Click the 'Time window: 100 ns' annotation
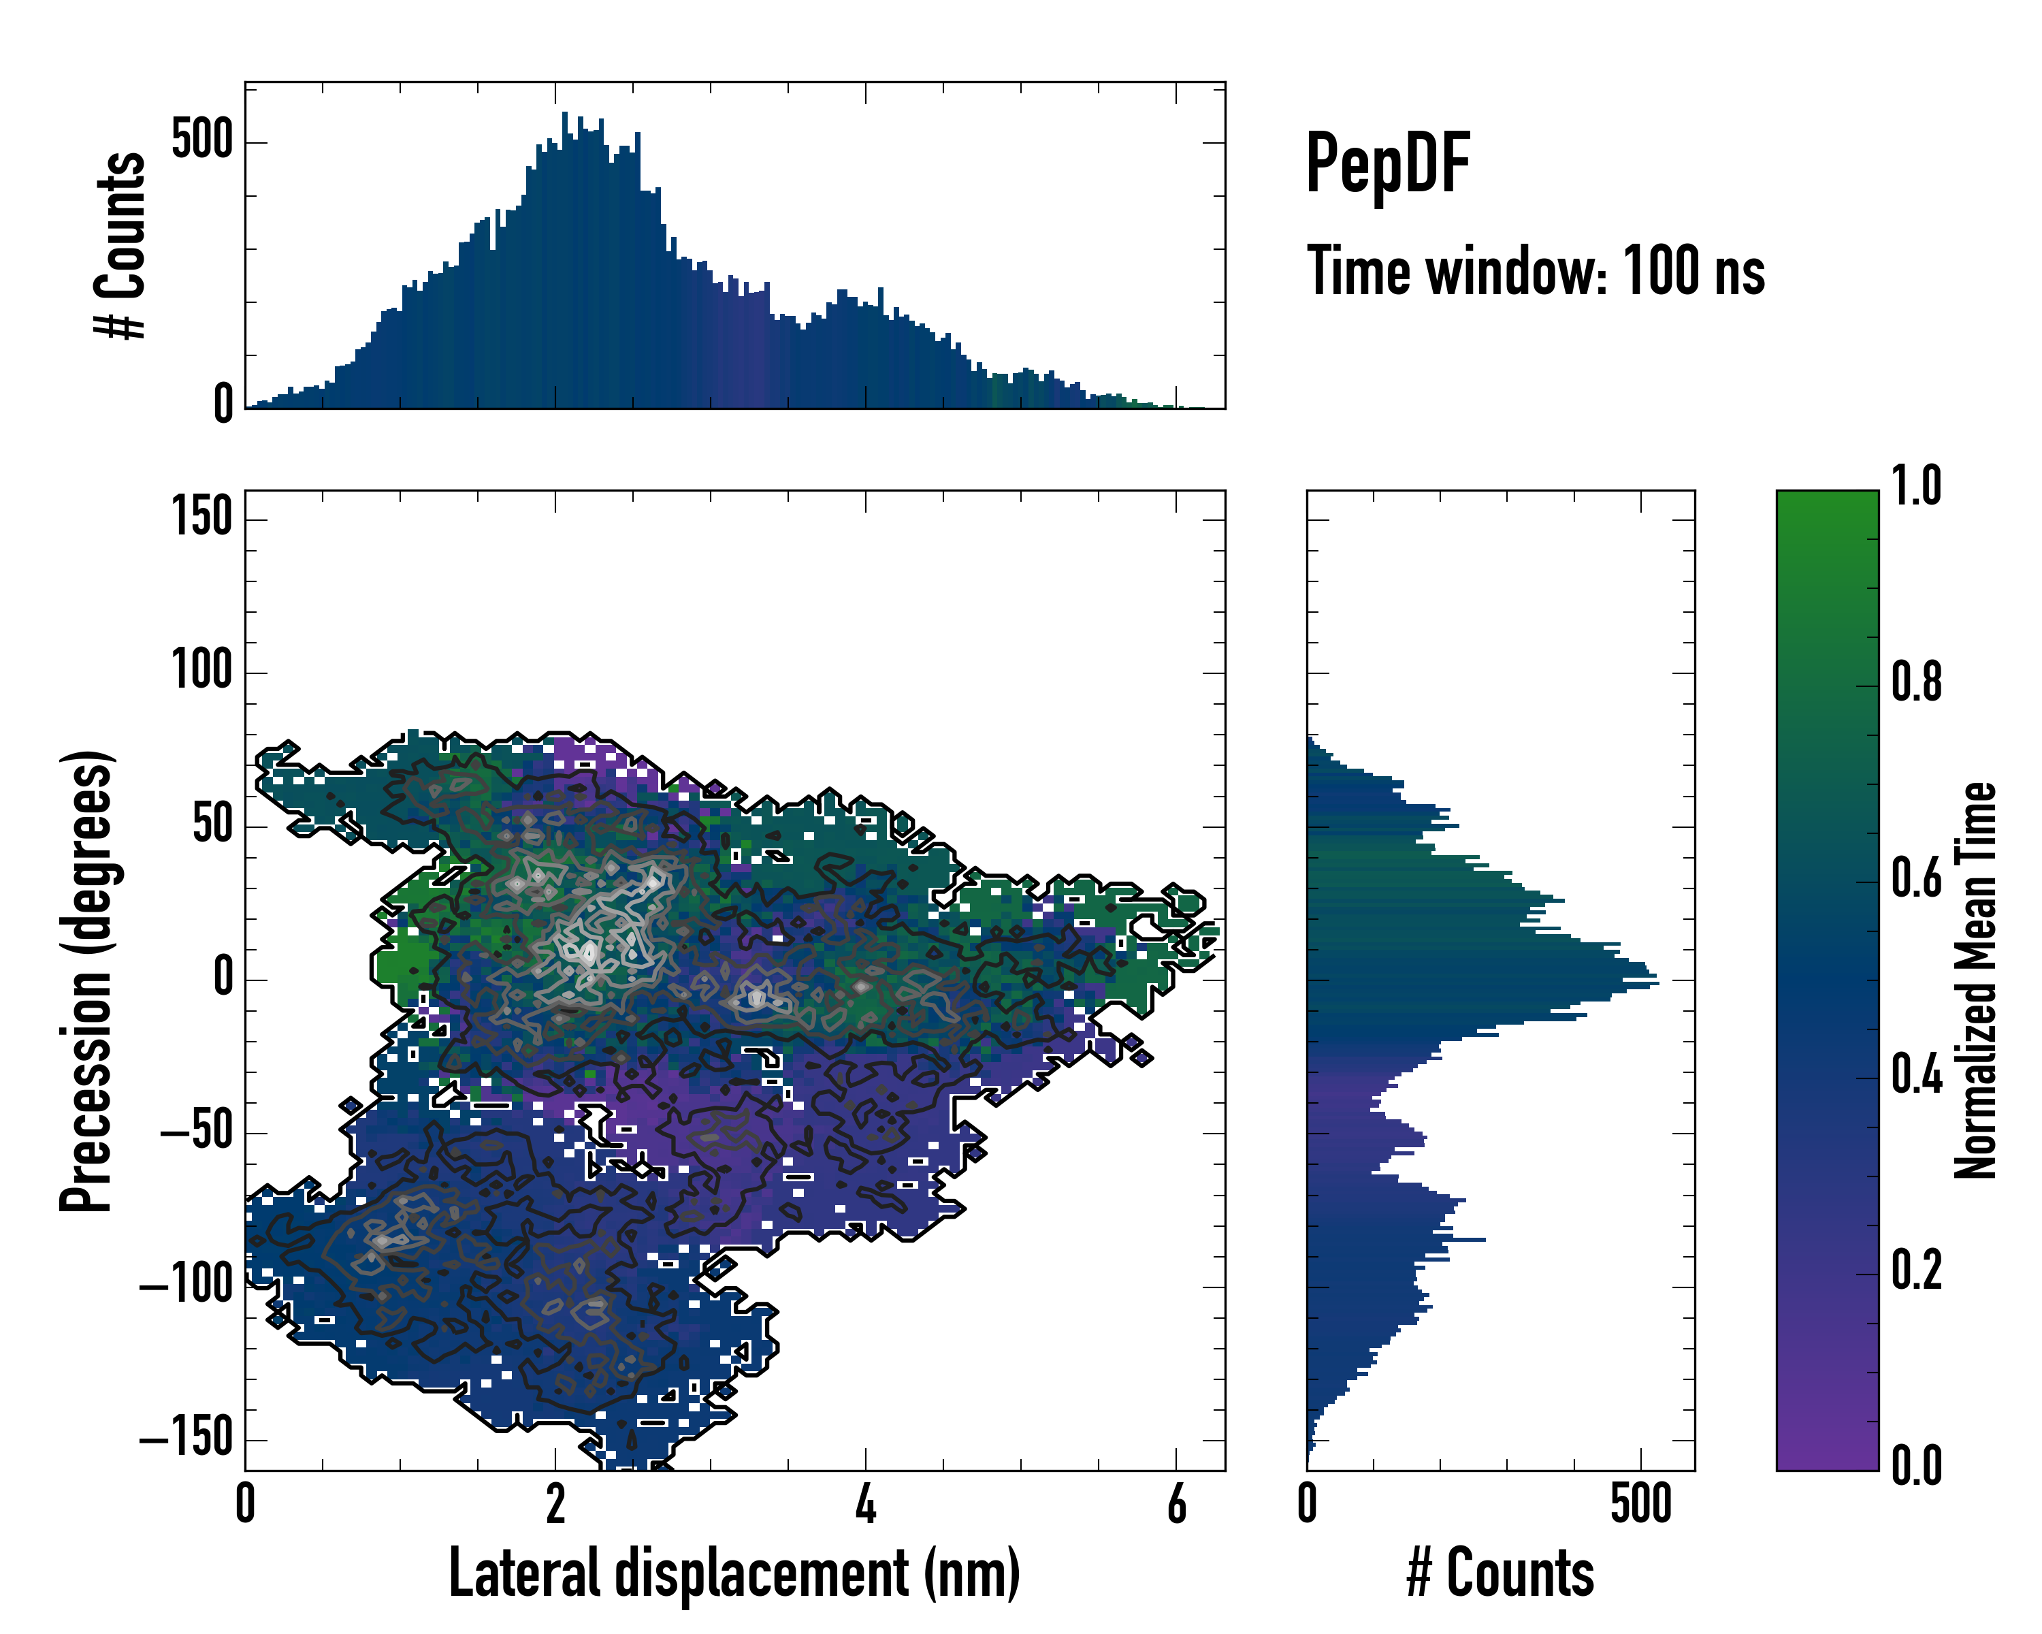tap(1536, 271)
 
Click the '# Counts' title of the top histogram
tap(121, 244)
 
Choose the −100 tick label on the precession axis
tap(186, 1285)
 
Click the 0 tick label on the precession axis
tap(223, 978)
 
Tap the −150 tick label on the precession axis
tap(186, 1439)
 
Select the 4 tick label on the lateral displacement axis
tap(866, 1504)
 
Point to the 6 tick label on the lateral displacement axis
tap(1176, 1504)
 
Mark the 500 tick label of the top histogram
tap(201, 141)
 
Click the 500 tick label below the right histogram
tap(1640, 1504)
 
